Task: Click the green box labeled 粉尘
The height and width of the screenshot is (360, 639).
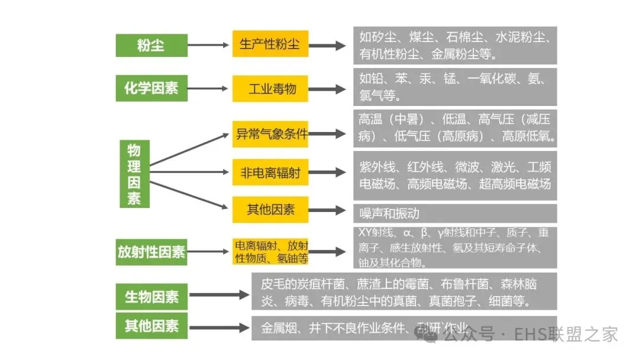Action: [x=151, y=46]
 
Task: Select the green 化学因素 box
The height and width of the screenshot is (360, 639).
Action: [x=151, y=89]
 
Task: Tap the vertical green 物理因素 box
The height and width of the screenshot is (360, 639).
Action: [x=134, y=174]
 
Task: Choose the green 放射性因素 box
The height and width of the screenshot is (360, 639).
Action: [x=151, y=252]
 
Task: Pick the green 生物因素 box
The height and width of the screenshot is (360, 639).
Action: [x=151, y=295]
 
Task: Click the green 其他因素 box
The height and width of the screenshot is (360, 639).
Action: [x=151, y=326]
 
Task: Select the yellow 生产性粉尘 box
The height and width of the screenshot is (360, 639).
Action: [x=270, y=44]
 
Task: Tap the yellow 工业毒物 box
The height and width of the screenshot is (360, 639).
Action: [x=270, y=89]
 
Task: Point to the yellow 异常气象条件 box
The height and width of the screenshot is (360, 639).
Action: [x=270, y=134]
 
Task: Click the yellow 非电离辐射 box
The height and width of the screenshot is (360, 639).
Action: [x=270, y=173]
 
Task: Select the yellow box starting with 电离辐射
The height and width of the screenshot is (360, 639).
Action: [x=270, y=252]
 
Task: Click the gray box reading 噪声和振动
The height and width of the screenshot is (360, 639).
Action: [x=454, y=213]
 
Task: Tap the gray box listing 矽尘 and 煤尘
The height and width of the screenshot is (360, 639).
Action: [x=454, y=46]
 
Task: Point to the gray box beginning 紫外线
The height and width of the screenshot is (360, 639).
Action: [x=454, y=175]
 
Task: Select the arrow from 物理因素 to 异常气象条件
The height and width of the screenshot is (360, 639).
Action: [x=189, y=149]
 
